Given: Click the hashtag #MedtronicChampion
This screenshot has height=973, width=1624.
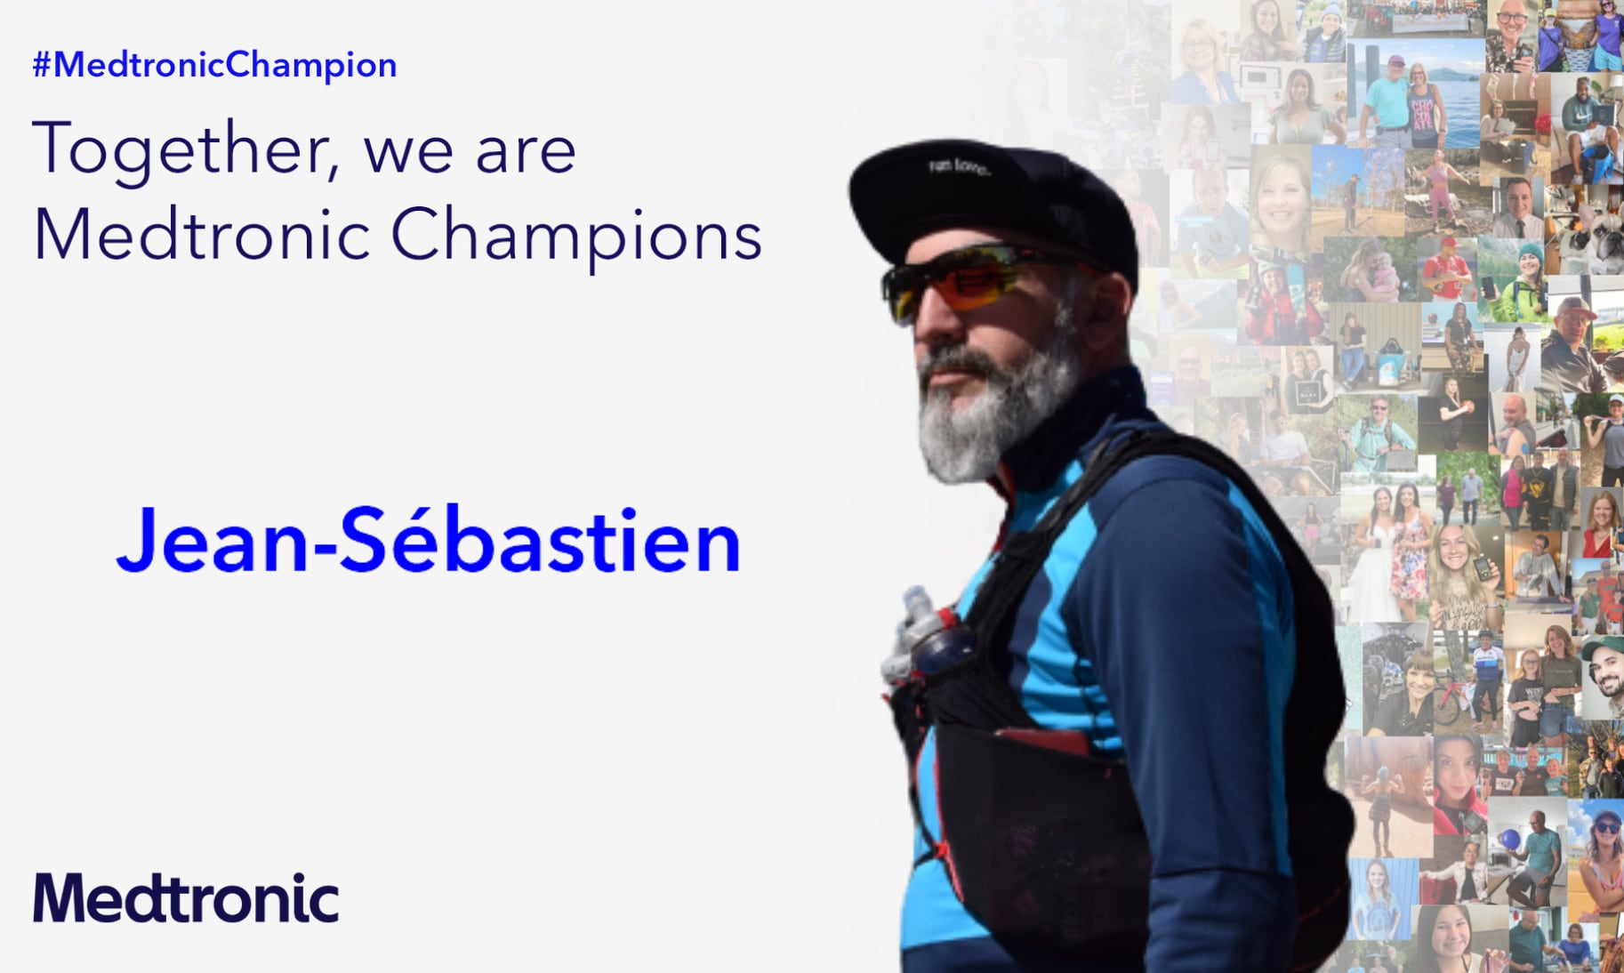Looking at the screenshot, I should [x=214, y=65].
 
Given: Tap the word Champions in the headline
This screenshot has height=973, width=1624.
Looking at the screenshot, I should [x=576, y=236].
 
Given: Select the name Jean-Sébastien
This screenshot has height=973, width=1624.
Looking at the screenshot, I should [x=428, y=540].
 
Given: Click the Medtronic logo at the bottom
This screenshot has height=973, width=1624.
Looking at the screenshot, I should [x=186, y=897].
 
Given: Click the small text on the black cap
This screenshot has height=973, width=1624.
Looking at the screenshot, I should [x=959, y=165].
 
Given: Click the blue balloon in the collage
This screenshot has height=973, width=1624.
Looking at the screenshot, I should [x=1510, y=838].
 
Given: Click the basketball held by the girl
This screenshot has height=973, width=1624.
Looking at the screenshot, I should [x=1467, y=406].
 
